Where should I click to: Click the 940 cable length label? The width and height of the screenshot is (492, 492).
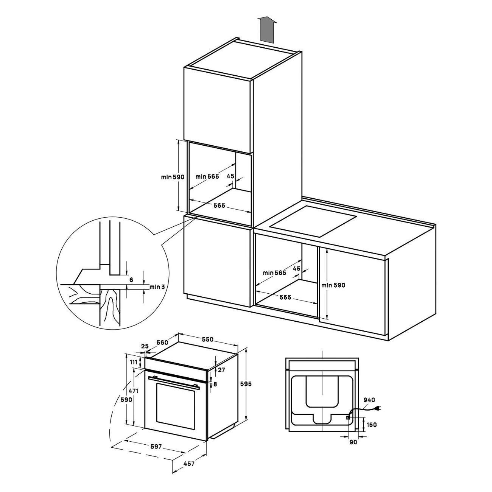[369, 400]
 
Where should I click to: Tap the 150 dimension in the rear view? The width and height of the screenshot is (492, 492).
[372, 425]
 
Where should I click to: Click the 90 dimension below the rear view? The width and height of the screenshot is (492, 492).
[353, 442]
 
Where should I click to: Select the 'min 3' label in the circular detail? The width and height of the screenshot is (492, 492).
[157, 287]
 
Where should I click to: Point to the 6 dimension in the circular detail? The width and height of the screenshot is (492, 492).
[131, 280]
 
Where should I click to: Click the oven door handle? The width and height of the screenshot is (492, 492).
[174, 383]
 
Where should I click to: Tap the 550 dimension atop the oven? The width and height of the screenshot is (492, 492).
[207, 339]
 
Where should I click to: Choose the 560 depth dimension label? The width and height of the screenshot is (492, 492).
[162, 343]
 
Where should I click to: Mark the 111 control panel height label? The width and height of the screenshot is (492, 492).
[134, 362]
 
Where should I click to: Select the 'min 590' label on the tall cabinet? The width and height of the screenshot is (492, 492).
[173, 177]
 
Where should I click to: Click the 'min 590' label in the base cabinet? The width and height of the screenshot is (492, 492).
[333, 285]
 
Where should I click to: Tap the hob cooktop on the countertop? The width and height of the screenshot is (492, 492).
[313, 225]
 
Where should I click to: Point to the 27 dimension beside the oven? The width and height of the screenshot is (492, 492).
[221, 370]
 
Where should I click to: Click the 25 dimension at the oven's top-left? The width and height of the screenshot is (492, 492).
[145, 346]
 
